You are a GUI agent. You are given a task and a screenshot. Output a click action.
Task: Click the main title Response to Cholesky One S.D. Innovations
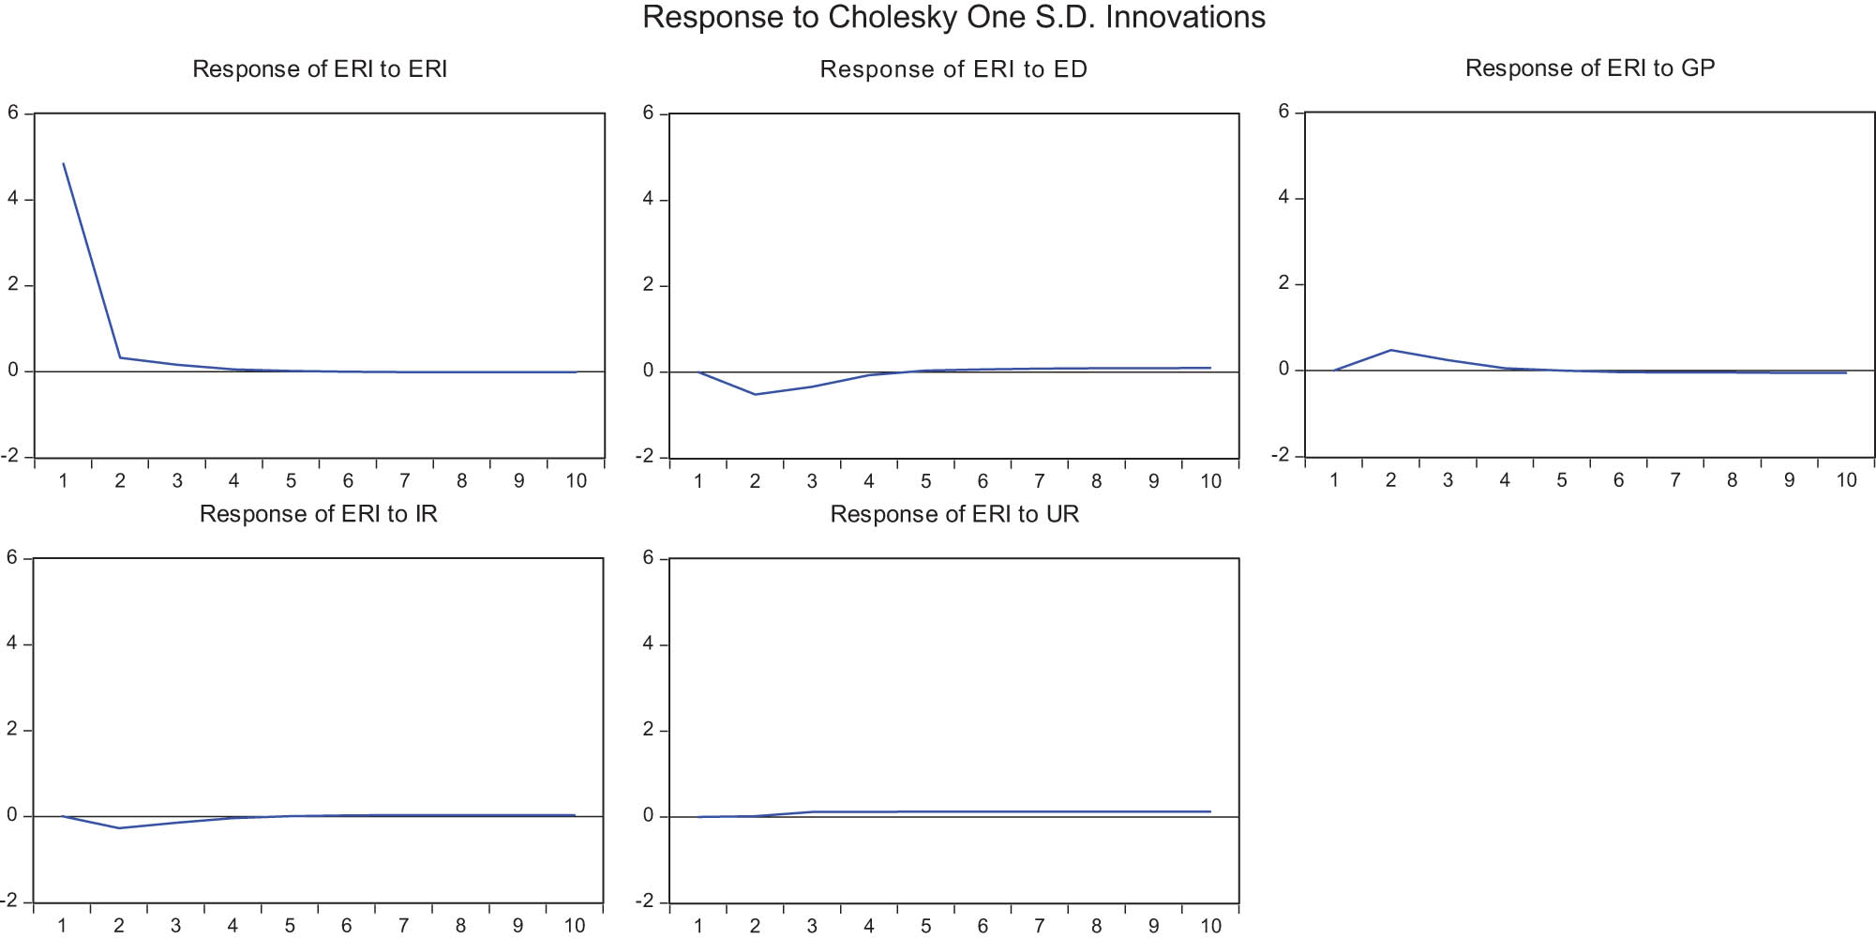tap(953, 18)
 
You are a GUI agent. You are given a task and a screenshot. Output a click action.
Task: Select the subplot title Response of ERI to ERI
tap(320, 69)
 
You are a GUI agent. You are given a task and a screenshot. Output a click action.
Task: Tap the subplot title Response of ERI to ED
tap(953, 69)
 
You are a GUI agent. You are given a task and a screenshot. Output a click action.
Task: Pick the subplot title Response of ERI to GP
tap(1590, 68)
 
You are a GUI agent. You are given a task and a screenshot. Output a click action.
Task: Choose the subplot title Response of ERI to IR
tap(319, 514)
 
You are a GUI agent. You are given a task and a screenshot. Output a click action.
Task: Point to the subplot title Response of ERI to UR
tap(954, 514)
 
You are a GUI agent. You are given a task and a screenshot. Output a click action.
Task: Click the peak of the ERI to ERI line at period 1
tap(64, 164)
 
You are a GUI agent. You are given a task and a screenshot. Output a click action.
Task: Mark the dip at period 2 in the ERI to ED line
tap(756, 394)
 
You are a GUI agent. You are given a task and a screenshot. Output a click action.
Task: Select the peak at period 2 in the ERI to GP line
tap(1391, 350)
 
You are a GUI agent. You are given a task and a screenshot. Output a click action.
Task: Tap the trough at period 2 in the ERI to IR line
tap(119, 827)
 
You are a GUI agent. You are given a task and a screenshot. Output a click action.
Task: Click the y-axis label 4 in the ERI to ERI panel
tap(13, 199)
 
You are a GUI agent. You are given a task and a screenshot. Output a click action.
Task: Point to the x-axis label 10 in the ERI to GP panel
tap(1846, 480)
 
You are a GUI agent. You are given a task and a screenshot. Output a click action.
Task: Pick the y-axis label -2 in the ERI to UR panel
tap(645, 901)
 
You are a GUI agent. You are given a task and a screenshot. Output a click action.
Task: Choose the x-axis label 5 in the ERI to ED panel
tap(925, 481)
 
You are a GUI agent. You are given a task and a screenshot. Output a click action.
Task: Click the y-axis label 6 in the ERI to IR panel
tap(12, 558)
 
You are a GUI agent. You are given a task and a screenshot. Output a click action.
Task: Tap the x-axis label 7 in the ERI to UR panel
tap(1040, 926)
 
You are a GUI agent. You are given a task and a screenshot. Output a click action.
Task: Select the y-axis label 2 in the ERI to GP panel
tap(1284, 283)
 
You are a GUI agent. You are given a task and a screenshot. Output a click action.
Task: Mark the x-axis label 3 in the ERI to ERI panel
tap(177, 481)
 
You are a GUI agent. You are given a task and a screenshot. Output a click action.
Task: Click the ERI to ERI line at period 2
tap(120, 357)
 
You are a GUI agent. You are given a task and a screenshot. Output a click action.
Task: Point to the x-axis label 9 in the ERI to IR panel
tap(518, 926)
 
